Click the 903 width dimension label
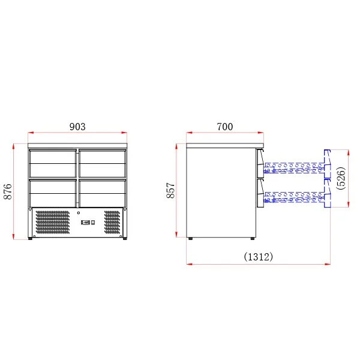[x=77, y=127]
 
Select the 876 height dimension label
[x=8, y=191]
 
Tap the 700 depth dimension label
[x=225, y=127]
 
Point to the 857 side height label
[x=170, y=190]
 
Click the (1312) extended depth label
[x=258, y=256]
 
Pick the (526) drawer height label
[x=341, y=178]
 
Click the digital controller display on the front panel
[x=85, y=222]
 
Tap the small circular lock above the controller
[x=79, y=213]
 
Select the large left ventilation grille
[x=53, y=222]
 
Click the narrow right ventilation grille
[x=112, y=222]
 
